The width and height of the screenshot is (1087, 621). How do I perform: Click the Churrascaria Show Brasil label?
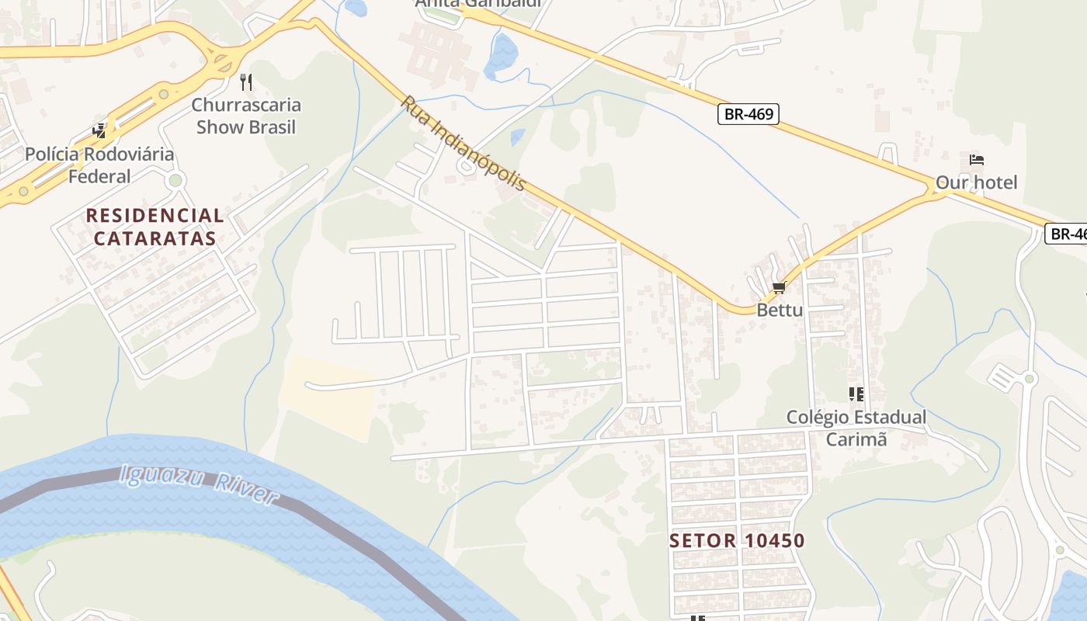coord(246,116)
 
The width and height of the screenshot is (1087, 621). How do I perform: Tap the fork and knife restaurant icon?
coord(246,82)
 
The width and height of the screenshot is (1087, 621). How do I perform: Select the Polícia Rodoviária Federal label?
coord(99,165)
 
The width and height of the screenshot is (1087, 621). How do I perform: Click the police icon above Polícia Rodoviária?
coord(99,130)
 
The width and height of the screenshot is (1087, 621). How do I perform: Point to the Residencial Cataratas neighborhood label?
coord(155,227)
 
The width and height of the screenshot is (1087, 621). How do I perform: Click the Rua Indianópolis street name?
coord(464,144)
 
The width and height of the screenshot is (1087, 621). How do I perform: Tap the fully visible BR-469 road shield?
coord(748,114)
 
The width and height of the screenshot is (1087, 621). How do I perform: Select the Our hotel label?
coord(976,183)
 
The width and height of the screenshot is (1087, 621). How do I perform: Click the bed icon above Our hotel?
coord(977,161)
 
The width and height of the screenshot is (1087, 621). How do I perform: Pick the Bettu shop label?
coord(780,310)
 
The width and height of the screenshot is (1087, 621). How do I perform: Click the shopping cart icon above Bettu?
coord(780,288)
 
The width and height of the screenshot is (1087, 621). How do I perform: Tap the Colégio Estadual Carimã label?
coord(856,428)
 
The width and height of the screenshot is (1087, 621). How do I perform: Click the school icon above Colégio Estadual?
coord(856,394)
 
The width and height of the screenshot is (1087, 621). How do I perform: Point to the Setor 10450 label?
coord(737,541)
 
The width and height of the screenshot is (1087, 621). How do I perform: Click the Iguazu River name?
coord(198,484)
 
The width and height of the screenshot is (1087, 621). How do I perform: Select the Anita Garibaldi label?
coord(477,3)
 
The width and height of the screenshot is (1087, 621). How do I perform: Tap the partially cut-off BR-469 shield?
coord(1067,234)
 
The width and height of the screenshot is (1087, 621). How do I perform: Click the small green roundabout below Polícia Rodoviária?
coord(175,181)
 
